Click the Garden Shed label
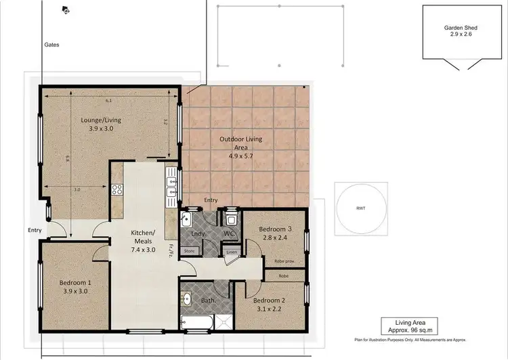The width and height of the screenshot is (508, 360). [461, 31]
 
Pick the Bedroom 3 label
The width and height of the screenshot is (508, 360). [275, 233]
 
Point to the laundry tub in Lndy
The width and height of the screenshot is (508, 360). [187, 219]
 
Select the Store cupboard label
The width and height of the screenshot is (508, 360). [189, 251]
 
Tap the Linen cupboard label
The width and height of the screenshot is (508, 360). [232, 252]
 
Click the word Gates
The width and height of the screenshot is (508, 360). [52, 44]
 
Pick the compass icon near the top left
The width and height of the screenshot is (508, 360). [65, 9]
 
